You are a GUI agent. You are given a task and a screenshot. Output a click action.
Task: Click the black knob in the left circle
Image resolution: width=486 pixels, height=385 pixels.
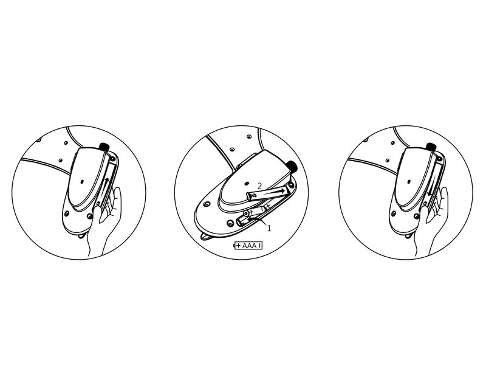(x=104, y=147)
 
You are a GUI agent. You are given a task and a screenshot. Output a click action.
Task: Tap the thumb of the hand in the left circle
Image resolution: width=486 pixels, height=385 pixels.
(x=96, y=214)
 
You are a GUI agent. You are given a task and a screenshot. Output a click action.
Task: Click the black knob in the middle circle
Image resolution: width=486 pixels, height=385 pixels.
(x=292, y=166)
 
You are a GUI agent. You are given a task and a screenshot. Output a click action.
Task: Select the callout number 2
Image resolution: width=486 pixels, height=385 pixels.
(x=260, y=186)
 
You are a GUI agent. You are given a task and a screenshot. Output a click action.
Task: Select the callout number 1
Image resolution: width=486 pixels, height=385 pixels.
(x=269, y=228)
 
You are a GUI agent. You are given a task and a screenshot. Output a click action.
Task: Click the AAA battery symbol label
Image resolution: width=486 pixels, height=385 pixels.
(x=248, y=246)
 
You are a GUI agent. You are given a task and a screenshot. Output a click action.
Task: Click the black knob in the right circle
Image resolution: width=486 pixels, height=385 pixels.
(x=431, y=147)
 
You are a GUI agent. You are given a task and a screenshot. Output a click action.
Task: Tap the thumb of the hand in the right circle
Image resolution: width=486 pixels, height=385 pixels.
(x=423, y=214)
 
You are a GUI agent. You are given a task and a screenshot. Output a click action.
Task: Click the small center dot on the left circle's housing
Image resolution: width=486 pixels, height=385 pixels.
(x=82, y=181)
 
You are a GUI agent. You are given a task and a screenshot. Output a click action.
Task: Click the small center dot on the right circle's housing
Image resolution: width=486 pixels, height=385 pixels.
(x=409, y=181)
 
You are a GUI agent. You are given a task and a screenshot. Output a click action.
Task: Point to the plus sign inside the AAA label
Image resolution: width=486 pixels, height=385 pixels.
(x=238, y=246)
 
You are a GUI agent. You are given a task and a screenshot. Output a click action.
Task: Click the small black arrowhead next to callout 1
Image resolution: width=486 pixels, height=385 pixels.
(x=250, y=219)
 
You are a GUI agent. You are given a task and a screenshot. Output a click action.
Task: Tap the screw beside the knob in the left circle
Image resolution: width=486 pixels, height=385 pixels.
(x=113, y=159)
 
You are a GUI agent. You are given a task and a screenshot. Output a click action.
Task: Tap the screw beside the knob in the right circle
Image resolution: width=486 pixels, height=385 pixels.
(x=440, y=159)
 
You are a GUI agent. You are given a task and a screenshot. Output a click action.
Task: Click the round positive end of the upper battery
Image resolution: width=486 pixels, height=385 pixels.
(x=246, y=213)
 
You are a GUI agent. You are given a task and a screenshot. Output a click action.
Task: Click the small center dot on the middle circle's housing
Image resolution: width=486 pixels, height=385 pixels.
(x=247, y=184)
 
